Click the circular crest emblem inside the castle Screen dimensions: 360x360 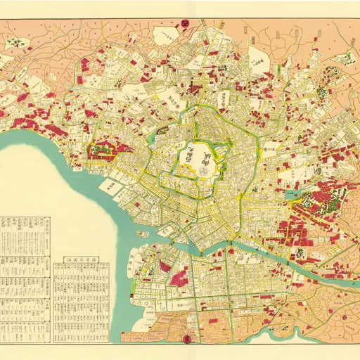(203, 169)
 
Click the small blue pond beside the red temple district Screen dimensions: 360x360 (295, 191)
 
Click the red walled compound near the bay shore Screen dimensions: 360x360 (103, 148)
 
